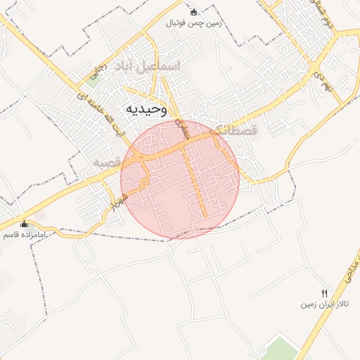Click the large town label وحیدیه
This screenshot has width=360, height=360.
point(146,109)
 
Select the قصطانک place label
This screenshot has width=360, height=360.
point(234,129)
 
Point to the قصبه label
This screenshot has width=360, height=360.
point(108,162)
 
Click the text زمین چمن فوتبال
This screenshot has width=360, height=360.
point(193,23)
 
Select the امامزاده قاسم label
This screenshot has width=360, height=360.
point(25,233)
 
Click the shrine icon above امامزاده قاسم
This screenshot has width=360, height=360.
point(25,223)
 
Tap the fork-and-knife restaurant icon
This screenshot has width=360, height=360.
point(324,293)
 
